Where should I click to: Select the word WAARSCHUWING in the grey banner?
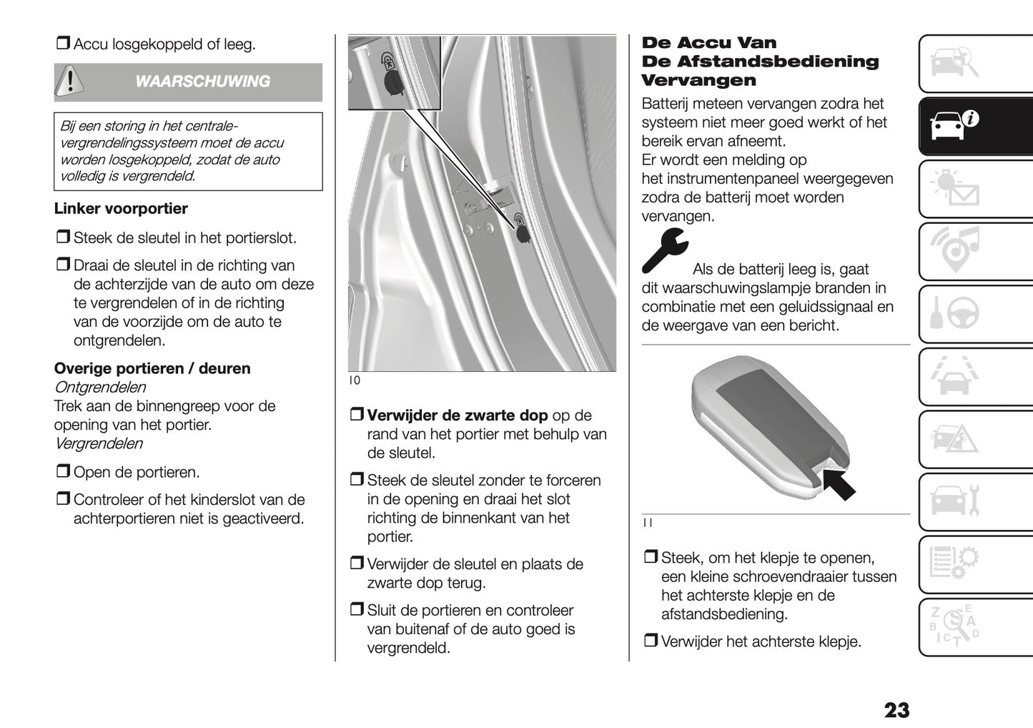coord(202,82)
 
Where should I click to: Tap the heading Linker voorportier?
coord(121,209)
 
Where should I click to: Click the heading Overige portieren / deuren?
coord(152,369)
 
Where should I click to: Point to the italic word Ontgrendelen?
coord(100,388)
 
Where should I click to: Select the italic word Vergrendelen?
coord(99,443)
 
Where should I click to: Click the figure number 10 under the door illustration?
coord(355,381)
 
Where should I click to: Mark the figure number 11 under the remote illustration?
coord(647,523)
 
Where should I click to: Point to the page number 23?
coord(896,710)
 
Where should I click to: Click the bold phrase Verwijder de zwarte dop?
coord(457,415)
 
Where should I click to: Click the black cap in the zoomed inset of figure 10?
coord(392,84)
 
